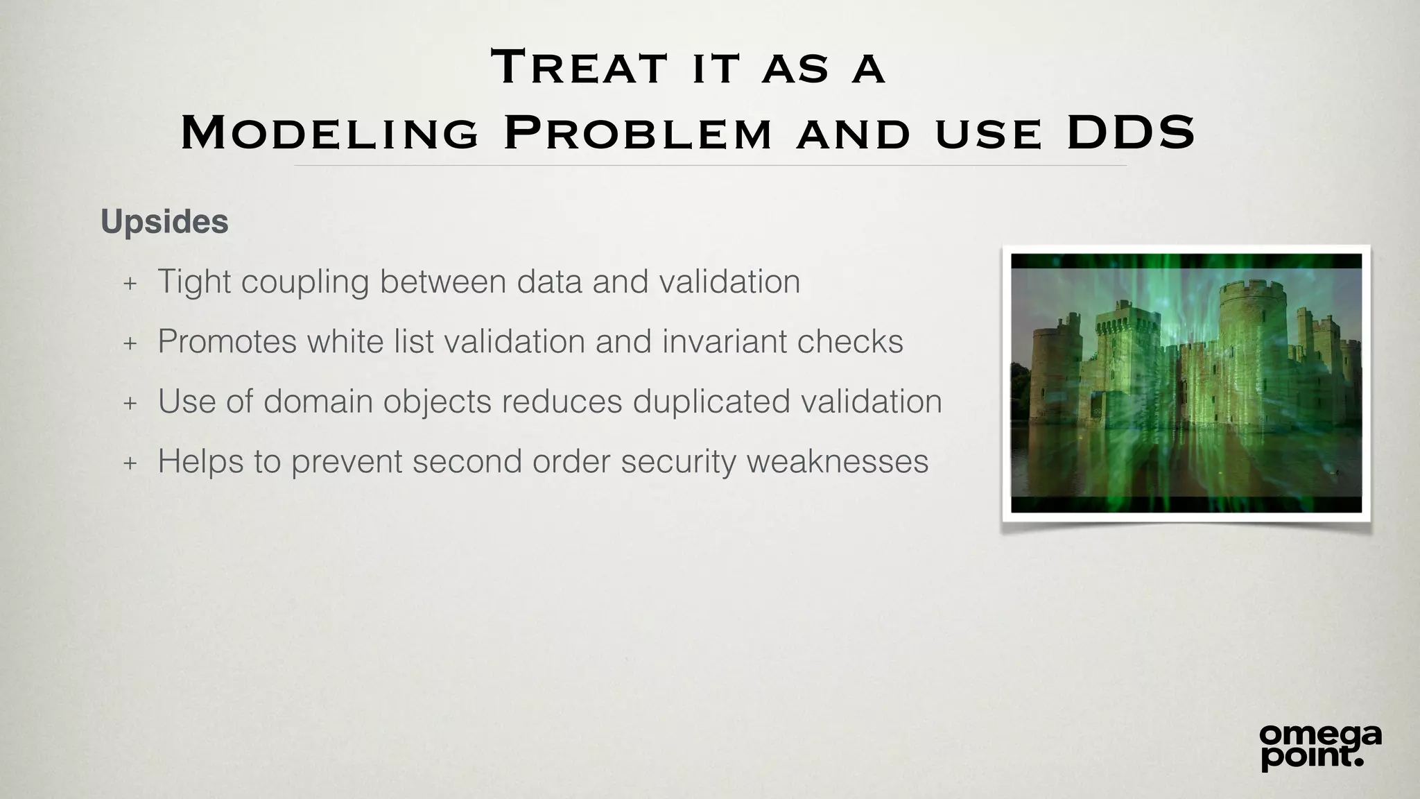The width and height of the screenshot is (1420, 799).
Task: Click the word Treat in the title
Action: click(x=579, y=68)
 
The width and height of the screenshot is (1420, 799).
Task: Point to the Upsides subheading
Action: click(x=164, y=222)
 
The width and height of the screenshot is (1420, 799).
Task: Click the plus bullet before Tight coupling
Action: click(x=130, y=283)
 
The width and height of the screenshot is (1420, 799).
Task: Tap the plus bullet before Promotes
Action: click(x=130, y=343)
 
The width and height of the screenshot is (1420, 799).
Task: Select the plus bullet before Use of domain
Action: click(x=130, y=403)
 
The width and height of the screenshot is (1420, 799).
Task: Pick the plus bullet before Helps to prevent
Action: click(x=130, y=463)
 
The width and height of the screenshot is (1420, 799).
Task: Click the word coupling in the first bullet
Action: click(x=305, y=282)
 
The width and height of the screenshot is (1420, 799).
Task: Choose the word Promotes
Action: click(x=227, y=341)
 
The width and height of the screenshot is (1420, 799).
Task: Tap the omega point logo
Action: click(x=1320, y=746)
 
